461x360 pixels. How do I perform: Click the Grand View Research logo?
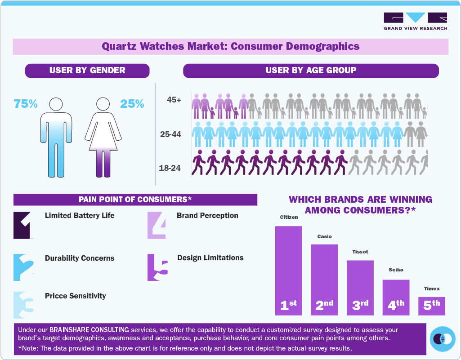click(415, 22)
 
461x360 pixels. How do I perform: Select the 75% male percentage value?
click(25, 104)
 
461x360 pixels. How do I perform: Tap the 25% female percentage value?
click(132, 104)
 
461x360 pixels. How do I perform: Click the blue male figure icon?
click(56, 137)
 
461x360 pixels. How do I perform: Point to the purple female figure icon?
click(103, 137)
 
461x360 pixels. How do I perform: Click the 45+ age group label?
click(173, 100)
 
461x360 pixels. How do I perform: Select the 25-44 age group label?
click(170, 134)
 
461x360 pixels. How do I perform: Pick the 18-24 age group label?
click(170, 168)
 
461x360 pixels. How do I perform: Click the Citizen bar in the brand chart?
click(288, 270)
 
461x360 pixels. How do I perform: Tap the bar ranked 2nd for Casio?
click(324, 279)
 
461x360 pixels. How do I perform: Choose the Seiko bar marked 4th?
click(396, 297)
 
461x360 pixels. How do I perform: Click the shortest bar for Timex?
click(431, 306)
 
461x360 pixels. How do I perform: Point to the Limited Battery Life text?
click(80, 215)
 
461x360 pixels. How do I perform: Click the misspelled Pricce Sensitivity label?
click(76, 296)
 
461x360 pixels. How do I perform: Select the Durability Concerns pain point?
click(80, 258)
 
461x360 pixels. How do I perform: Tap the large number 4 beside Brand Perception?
click(157, 224)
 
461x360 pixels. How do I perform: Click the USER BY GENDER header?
click(87, 71)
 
